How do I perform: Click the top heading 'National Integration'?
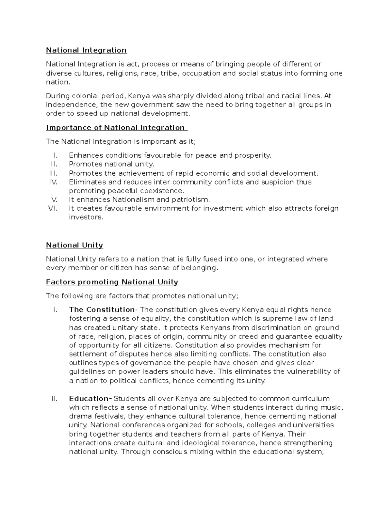coord(86,50)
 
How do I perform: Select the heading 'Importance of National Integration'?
coord(116,128)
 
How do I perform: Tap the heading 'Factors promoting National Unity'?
coord(112,282)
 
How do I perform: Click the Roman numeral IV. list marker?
coord(53,182)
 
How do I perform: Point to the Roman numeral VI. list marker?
coord(53,208)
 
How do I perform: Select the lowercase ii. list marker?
coord(54,399)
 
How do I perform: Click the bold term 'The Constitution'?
coord(102,310)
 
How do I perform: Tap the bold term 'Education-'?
coord(90,399)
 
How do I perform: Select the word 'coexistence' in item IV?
coord(162,191)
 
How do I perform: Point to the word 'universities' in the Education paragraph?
coord(313,425)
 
